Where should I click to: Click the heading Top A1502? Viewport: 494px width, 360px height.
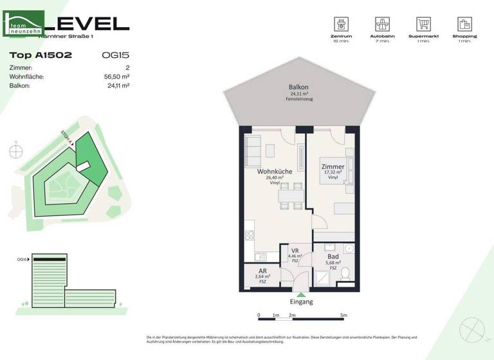pos(41,55)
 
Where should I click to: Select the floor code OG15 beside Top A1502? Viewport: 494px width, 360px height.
pos(115,55)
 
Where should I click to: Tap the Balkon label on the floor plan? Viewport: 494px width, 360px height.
pos(298,87)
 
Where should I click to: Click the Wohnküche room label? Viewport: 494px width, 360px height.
pos(275,172)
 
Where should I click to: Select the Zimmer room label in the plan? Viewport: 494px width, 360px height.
pos(333,167)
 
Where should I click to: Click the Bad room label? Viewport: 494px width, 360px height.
pos(333,255)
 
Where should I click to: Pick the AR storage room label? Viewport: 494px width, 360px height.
pos(262,271)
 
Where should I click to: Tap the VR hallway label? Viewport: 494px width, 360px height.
pos(295,251)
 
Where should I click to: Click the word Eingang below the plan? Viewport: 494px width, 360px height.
pos(302,301)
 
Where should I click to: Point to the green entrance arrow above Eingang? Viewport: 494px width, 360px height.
pos(302,294)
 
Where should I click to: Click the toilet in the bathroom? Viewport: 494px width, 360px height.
pos(346,273)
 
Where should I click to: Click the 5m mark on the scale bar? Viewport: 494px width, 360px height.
pos(343,316)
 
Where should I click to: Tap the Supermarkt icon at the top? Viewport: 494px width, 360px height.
pos(423,24)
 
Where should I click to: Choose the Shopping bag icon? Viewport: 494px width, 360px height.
pos(464,24)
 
